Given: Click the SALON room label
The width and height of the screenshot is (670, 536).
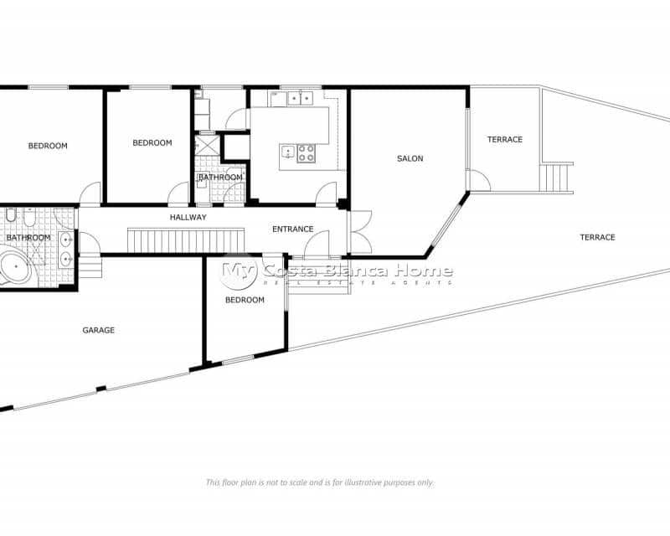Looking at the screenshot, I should pos(410,158).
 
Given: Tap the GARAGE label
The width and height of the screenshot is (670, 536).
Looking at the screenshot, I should pos(98,330).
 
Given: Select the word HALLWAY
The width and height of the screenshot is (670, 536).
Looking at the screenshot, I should pos(188,217).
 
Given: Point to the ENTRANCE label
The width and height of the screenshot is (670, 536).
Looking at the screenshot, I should pos(292,229).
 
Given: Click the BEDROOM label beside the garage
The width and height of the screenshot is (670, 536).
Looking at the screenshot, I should pos(245,300).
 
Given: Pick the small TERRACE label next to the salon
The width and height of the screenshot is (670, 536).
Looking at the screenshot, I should pos(505,139).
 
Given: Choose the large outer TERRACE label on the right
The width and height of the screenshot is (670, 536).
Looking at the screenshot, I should pos(597,237).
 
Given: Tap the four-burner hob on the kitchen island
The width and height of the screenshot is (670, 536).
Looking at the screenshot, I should pos(307,152).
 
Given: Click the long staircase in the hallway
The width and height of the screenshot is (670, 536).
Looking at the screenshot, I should pos(185,241).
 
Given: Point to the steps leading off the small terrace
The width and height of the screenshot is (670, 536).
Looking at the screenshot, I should pos(555,178).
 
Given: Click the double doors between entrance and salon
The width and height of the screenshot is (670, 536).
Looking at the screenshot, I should pos(360,232).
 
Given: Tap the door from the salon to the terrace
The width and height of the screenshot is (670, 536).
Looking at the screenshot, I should pos(478,181).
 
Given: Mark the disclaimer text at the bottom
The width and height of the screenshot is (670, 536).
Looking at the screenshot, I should pos(320,482).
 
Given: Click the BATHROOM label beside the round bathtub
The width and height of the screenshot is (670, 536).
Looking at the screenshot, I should pos(28,238).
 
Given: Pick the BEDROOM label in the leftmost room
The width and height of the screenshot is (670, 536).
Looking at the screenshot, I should pos(48,146).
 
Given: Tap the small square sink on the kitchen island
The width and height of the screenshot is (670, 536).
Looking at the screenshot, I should pos(288,152).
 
